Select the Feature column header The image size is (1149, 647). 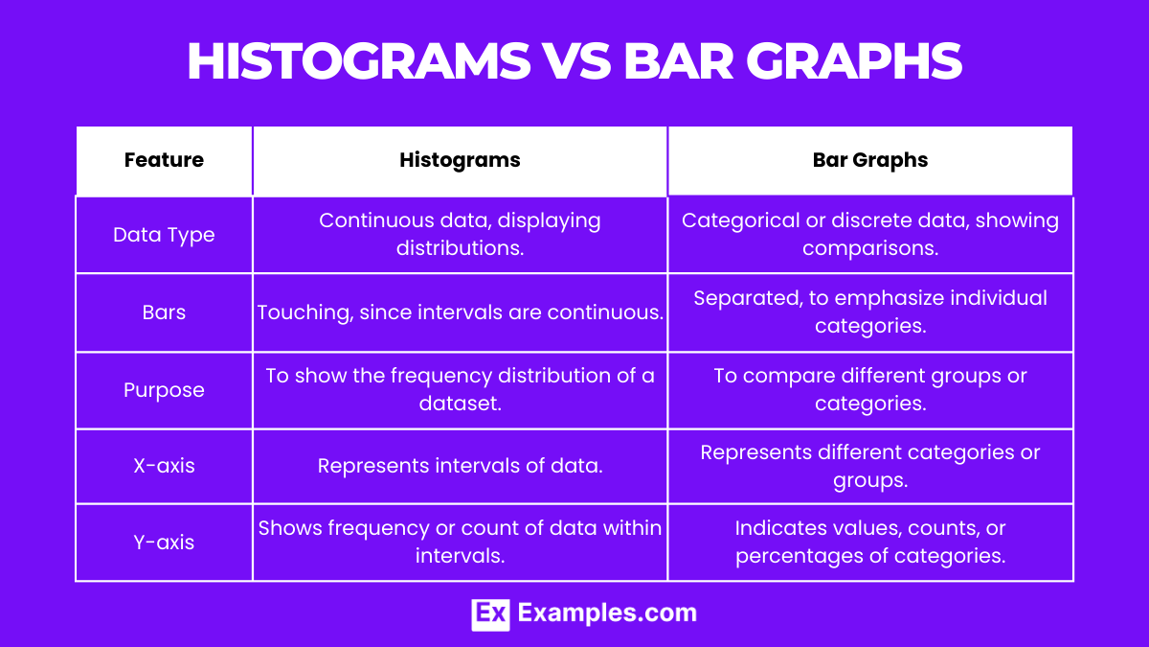164,160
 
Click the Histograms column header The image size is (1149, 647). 460,160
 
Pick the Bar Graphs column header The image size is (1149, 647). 869,160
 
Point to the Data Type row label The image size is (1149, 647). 164,235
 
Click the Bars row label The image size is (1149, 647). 164,312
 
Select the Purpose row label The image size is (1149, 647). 164,390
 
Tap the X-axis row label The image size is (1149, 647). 164,466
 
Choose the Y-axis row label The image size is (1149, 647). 164,543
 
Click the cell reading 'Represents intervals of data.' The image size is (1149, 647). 460,466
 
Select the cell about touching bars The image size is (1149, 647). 460,312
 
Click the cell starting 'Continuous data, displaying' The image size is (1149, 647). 460,235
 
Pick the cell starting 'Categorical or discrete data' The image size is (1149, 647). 869,235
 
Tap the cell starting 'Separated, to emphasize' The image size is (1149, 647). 869,312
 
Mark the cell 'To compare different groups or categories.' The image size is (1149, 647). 869,390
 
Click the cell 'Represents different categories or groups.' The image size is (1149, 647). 869,466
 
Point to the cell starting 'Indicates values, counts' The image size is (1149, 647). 869,543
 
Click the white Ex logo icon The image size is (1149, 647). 490,613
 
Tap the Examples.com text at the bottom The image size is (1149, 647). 607,613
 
